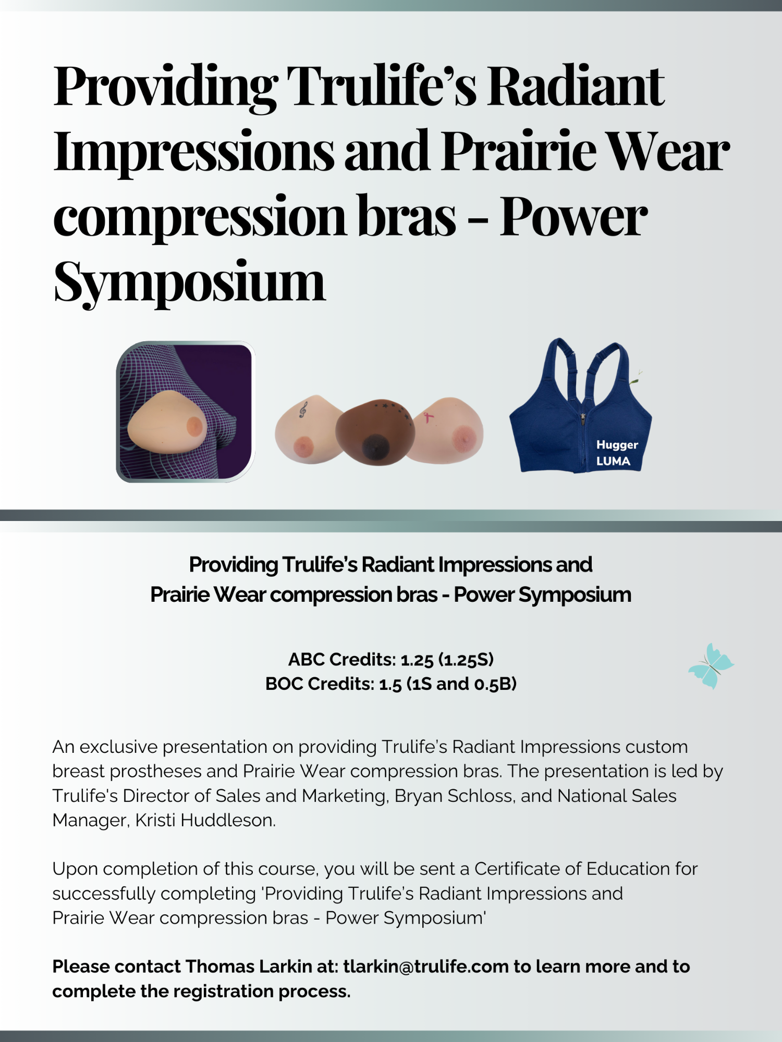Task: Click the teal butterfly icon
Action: [x=711, y=666]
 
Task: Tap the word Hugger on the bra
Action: [x=617, y=444]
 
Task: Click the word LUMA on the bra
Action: [x=613, y=461]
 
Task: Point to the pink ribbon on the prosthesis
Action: [x=428, y=417]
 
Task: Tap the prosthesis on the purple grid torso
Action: [x=167, y=422]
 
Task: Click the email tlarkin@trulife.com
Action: [x=425, y=966]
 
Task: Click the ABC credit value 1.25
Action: [x=417, y=660]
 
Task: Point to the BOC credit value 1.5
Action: [x=390, y=684]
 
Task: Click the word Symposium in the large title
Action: [x=189, y=282]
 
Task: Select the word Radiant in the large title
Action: [x=576, y=86]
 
